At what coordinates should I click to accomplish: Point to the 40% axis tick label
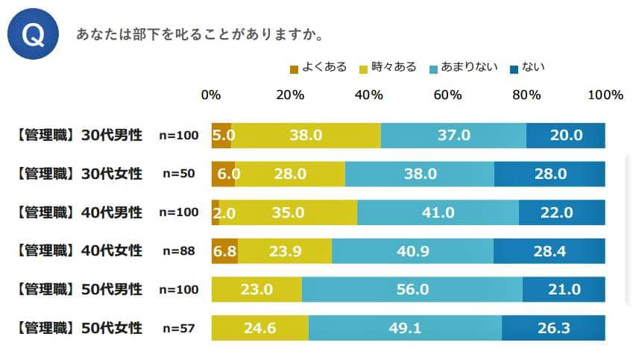pos(369,95)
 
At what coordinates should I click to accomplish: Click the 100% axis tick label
pos(605,95)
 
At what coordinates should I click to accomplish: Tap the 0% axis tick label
pos(211,95)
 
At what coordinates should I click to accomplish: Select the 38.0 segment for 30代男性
pos(306,136)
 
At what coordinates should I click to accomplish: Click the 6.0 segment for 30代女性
pos(223,174)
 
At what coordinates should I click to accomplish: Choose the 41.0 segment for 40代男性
pos(438,212)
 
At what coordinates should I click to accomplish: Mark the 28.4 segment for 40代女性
pos(549,251)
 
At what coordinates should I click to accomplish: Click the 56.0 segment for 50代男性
pos(412,289)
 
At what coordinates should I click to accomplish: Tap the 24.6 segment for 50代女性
pos(259,328)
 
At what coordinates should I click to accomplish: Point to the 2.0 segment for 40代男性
pos(215,212)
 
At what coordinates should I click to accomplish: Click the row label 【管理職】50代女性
pos(78,328)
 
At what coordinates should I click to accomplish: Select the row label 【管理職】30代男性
pos(78,136)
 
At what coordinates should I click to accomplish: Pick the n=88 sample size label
pos(179,251)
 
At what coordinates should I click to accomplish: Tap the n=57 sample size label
pos(179,328)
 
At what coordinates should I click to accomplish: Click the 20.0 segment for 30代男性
pos(565,136)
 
